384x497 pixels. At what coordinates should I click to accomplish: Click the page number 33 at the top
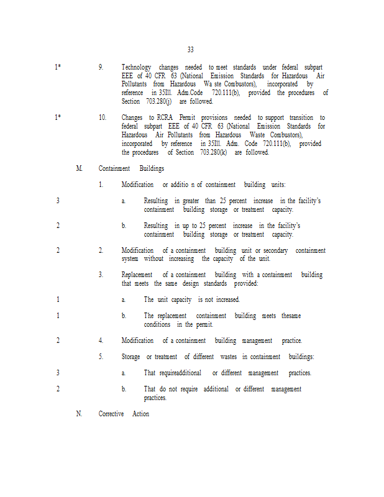point(190,50)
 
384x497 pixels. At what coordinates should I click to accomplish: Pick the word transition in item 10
point(297,118)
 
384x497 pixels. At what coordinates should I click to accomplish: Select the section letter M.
point(79,168)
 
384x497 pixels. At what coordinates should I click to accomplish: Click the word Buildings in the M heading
point(152,168)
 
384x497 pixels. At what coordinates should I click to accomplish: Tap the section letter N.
point(79,414)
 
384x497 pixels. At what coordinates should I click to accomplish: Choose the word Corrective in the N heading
point(112,414)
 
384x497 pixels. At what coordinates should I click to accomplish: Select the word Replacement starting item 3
point(138,275)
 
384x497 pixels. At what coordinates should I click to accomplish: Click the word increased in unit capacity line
point(226,299)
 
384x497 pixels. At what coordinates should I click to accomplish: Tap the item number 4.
point(101,340)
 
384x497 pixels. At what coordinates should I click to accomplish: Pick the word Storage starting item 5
point(132,357)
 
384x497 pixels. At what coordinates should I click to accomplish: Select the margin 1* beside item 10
point(58,118)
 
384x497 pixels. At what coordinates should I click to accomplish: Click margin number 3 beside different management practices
point(58,373)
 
